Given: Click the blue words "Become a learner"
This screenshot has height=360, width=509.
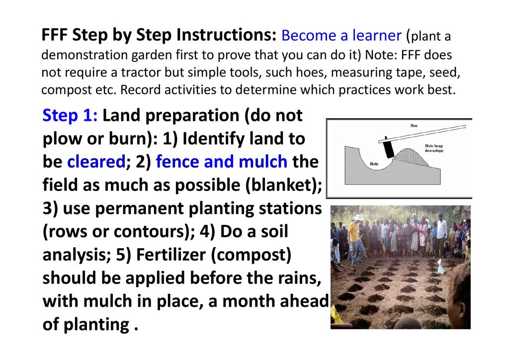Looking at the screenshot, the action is click(341, 35).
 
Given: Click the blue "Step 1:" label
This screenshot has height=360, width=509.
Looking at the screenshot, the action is click(70, 115).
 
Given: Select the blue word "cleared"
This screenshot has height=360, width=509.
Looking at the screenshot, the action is click(96, 161).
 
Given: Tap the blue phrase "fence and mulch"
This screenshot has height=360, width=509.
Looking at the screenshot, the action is click(221, 161).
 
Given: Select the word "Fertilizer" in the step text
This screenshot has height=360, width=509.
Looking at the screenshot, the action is click(171, 254).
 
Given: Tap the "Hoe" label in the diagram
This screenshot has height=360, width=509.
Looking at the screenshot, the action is click(414, 126).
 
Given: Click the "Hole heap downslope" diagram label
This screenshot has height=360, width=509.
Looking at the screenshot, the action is click(434, 148).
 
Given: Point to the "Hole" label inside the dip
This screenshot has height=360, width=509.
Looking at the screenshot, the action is click(374, 164).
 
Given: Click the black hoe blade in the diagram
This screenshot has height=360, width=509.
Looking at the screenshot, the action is click(388, 148).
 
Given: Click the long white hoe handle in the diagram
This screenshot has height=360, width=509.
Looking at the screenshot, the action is click(422, 134).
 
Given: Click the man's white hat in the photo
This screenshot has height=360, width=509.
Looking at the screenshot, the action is click(358, 217).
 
